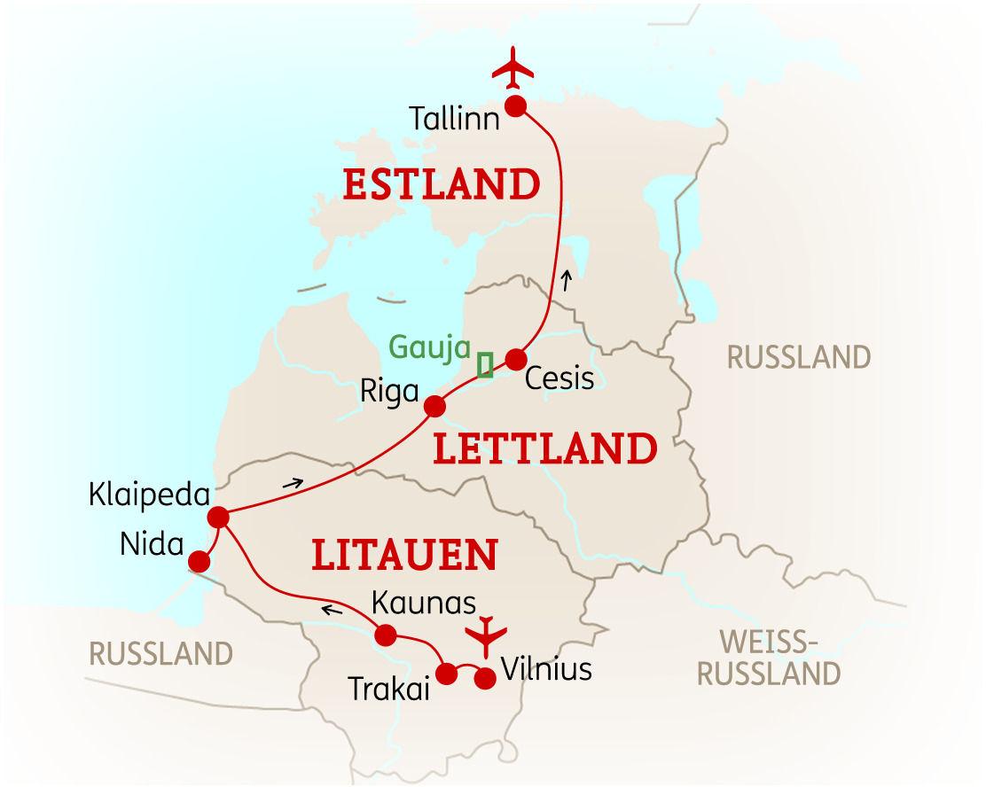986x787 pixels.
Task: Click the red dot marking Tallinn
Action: point(515,106)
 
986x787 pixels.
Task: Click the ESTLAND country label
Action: point(441,185)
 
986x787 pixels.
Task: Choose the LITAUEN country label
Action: point(403,555)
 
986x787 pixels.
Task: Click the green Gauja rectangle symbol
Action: point(485,365)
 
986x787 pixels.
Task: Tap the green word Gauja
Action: point(429,347)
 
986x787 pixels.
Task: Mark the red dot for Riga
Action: point(434,406)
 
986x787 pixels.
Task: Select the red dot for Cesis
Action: point(515,359)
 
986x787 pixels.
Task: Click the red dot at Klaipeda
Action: point(217,517)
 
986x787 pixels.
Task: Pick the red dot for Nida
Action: point(200,561)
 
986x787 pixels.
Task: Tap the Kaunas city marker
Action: point(385,635)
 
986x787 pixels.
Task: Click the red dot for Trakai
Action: point(447,674)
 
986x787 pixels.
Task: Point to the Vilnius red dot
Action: point(485,679)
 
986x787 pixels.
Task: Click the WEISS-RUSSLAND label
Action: point(768,657)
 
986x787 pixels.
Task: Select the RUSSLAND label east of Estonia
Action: point(798,358)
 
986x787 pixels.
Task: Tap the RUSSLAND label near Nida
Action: point(160,654)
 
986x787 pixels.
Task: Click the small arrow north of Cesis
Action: point(567,282)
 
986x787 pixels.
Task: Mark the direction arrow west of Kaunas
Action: point(333,609)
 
